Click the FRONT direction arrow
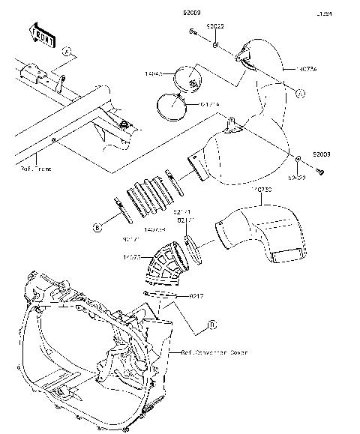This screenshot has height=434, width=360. point(40,32)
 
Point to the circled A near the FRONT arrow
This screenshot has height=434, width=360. point(67,52)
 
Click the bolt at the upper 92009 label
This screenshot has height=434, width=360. point(193,32)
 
